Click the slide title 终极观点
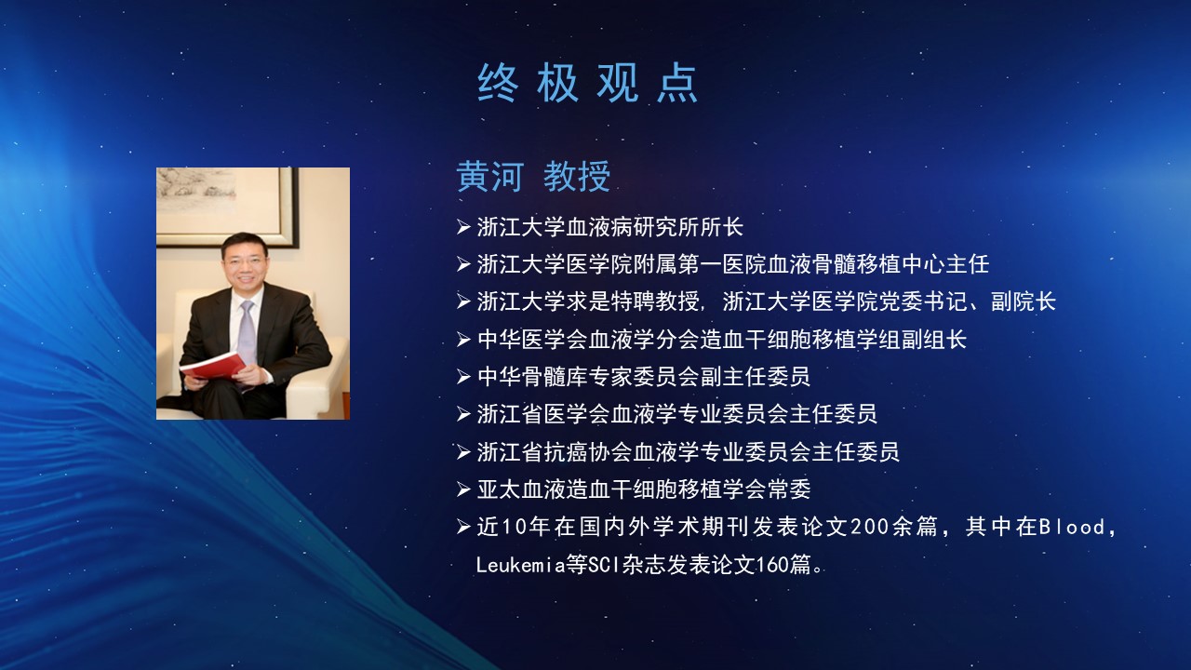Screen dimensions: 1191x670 click(587, 83)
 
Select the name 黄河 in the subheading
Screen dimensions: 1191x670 click(489, 176)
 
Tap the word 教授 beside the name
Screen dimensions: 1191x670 click(577, 176)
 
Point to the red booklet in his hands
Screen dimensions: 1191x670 click(213, 366)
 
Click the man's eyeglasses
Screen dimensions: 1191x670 click(245, 260)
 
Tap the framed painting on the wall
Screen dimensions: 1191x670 click(227, 208)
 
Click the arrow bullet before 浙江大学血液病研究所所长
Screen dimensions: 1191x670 click(463, 227)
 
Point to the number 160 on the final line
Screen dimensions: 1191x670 click(772, 565)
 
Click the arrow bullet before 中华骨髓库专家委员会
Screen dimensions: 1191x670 click(463, 377)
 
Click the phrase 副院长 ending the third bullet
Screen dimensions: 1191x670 click(1024, 301)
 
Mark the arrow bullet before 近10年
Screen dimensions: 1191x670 click(463, 527)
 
